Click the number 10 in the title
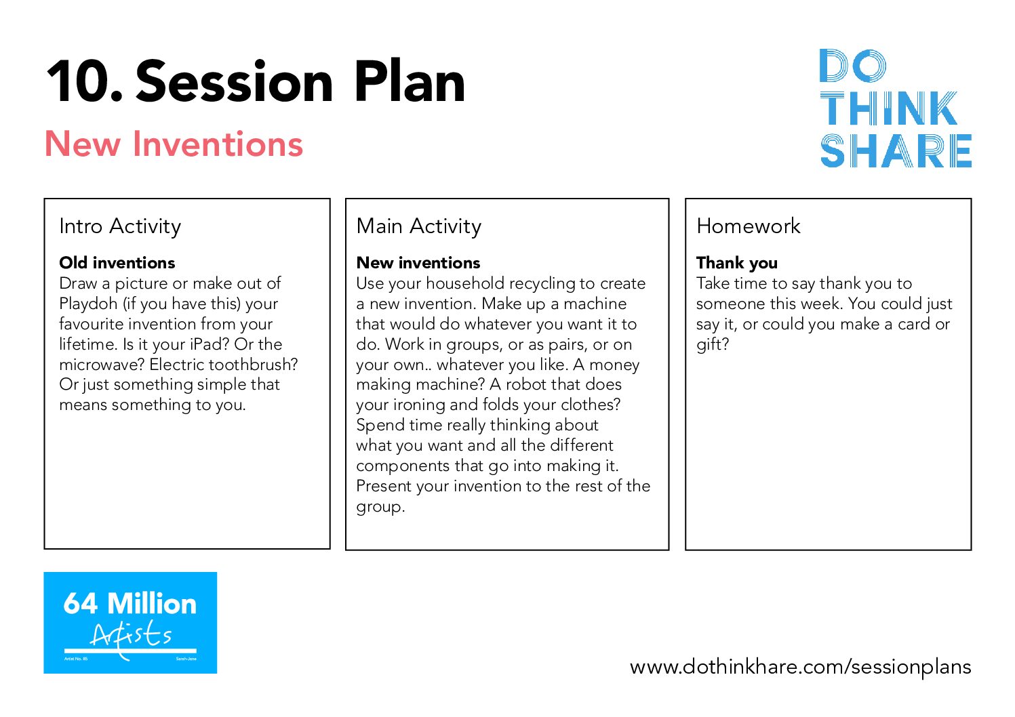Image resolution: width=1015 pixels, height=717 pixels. [x=84, y=82]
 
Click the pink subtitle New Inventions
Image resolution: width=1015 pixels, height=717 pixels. [x=174, y=144]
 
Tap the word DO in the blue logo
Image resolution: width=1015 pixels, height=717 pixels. [x=853, y=66]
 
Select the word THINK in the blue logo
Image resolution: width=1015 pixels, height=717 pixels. [x=889, y=108]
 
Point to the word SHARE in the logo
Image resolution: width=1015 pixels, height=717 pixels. [x=896, y=150]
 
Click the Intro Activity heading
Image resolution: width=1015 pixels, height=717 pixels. [x=120, y=226]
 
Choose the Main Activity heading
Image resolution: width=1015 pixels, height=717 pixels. [x=419, y=226]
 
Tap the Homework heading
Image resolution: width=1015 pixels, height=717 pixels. [x=749, y=226]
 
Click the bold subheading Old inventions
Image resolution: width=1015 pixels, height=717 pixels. [x=117, y=263]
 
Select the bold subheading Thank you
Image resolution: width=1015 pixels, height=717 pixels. [x=737, y=263]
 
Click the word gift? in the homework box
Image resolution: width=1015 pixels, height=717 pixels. [x=713, y=345]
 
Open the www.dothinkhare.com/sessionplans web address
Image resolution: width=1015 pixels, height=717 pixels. [x=800, y=667]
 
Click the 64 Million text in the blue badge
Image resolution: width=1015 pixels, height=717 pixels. [x=130, y=603]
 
